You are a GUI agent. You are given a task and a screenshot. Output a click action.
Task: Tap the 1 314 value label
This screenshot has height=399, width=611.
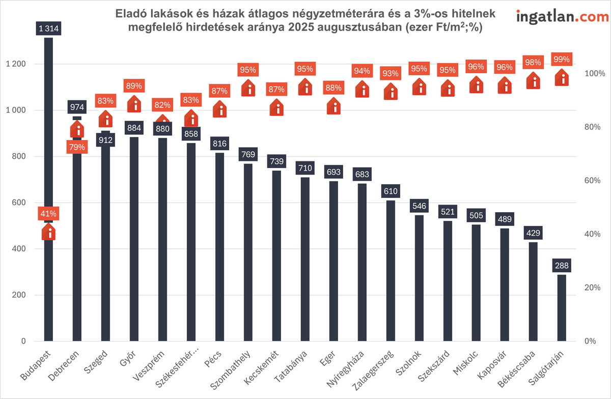point(48,29)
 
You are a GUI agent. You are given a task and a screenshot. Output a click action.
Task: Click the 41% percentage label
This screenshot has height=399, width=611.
point(48,214)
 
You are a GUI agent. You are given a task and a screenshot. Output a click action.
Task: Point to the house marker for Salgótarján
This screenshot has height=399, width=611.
point(562,78)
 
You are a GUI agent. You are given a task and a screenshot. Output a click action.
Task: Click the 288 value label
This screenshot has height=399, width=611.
point(562,266)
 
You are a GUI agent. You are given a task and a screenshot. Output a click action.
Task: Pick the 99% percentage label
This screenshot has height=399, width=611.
point(562,59)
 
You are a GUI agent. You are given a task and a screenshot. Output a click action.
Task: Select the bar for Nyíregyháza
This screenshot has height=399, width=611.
point(362,265)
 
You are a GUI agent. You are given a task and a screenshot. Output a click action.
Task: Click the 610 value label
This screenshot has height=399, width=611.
point(391,191)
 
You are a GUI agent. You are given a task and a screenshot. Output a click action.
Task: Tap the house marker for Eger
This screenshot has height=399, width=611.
point(334,106)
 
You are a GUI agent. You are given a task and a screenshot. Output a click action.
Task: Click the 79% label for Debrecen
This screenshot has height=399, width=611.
point(77,148)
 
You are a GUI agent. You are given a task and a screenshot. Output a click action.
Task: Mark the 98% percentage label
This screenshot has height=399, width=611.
point(533,62)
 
